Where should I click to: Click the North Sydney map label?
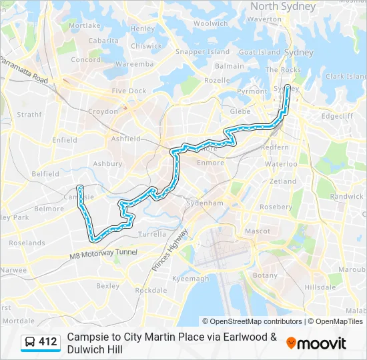tap(283, 6)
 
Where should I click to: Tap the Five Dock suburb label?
tap(129, 91)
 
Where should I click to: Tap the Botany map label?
tap(265, 275)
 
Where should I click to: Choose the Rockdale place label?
tap(151, 290)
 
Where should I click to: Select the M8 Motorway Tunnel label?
tap(103, 253)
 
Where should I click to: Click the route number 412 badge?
tap(47, 342)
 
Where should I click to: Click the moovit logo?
tap(316, 343)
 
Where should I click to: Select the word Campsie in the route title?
tap(89, 337)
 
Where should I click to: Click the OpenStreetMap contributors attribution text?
tap(252, 321)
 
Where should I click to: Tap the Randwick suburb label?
tap(347, 197)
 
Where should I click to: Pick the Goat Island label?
tap(259, 52)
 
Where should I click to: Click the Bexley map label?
tap(107, 285)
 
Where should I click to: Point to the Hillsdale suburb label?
tap(320, 287)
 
